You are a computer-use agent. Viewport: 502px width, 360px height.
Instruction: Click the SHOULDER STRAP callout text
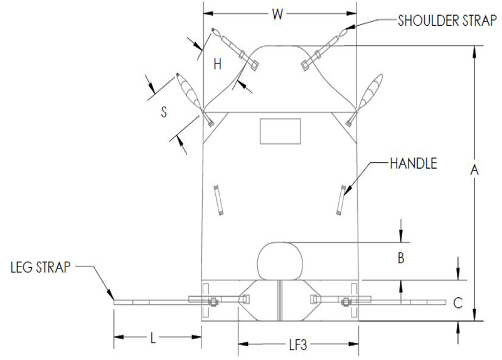pos(447,21)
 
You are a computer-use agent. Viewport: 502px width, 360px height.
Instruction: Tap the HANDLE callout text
pos(414,164)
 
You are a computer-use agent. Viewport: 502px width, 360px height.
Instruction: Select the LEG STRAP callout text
pos(40,267)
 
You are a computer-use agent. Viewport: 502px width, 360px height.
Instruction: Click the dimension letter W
pos(277,14)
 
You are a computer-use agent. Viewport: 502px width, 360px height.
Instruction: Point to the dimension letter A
pos(474,169)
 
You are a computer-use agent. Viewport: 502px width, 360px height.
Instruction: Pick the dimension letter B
pos(401,258)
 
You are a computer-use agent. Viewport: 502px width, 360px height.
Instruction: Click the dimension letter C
pos(458,303)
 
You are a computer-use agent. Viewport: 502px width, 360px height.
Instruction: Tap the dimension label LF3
pos(298,345)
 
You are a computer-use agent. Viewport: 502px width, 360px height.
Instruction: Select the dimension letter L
pos(153,338)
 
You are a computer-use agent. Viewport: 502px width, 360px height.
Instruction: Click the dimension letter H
pos(217,65)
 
